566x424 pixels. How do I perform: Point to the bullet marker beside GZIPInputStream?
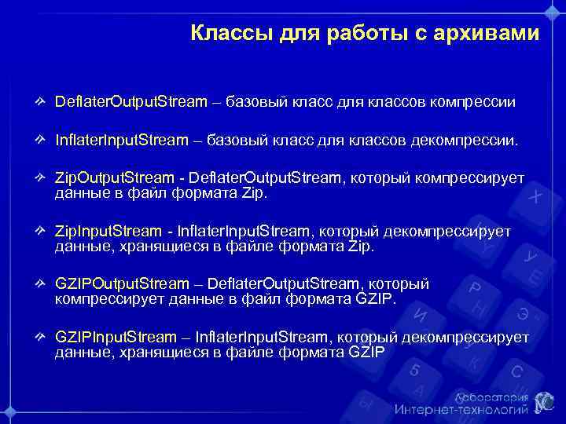click(40, 337)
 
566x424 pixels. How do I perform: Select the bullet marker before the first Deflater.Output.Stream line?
click(40, 102)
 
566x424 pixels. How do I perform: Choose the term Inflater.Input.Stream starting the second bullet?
click(122, 141)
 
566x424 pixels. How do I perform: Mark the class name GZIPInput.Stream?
click(116, 337)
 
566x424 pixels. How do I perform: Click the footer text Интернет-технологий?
click(461, 410)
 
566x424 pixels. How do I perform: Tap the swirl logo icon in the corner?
click(543, 401)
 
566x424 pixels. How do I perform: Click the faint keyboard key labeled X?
click(535, 197)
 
